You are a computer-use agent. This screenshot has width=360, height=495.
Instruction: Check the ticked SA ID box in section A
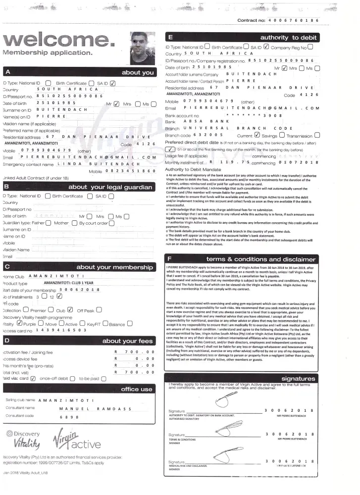click(112, 83)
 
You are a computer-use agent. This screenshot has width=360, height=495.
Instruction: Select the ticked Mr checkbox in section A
click(116, 104)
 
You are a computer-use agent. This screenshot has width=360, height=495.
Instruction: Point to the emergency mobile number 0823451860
click(130, 171)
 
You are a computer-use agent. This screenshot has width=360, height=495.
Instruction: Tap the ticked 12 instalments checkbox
click(60, 297)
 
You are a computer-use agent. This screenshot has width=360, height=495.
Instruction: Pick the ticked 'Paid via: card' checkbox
click(33, 378)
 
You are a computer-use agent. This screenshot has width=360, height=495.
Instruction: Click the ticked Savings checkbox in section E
click(257, 135)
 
